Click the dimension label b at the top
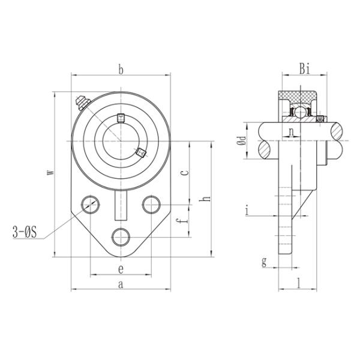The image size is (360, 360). [x=121, y=70]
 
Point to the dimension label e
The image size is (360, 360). [x=121, y=268]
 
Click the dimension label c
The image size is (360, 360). [x=185, y=172]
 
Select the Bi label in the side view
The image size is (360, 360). [x=304, y=70]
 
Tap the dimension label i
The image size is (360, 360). [x=247, y=209]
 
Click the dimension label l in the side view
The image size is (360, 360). [x=298, y=281]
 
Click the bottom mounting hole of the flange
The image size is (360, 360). [x=121, y=235]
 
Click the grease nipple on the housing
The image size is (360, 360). [x=80, y=103]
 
